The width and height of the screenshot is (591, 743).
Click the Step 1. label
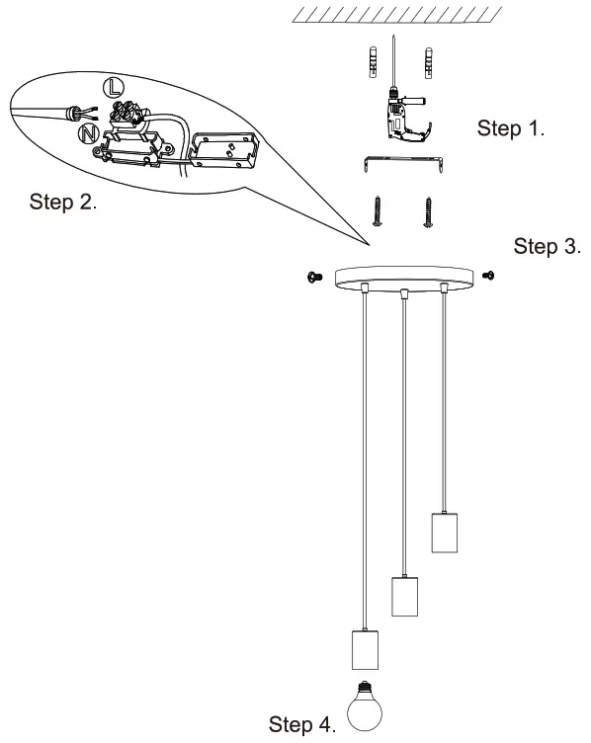pos(511,128)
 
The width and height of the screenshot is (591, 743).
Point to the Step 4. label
pos(301,725)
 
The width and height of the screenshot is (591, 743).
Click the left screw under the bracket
pos(377,211)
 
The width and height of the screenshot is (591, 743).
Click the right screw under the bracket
pos(428,211)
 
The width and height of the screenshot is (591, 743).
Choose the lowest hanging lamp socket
pos(366,649)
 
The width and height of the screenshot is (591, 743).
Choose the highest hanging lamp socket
pos(444,533)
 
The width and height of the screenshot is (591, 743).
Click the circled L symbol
pos(116,86)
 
